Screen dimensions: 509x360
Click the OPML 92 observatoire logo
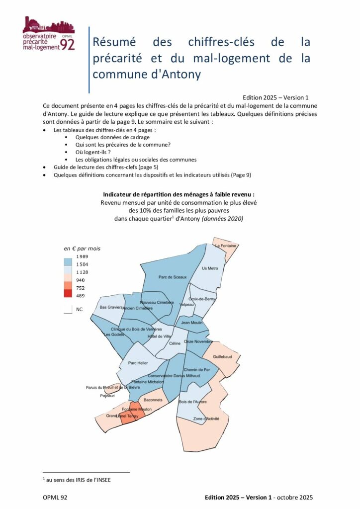coord(49,34)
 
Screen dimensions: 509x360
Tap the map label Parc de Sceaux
coord(173,277)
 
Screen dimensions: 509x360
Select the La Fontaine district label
coord(225,246)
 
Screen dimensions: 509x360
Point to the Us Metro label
coord(210,268)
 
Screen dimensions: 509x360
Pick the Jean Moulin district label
coord(191,323)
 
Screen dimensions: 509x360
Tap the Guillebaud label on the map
coord(222,357)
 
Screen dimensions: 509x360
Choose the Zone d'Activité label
coord(206,419)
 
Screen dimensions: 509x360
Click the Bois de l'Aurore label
coord(192,402)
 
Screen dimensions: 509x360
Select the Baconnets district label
coord(153,400)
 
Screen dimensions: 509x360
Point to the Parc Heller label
coord(138,363)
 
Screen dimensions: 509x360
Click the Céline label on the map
coord(175,343)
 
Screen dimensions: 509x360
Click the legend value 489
coord(80,295)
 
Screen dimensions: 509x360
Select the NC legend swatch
coord(68,309)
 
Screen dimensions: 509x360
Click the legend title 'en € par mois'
coord(82,248)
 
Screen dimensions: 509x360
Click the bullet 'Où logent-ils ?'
coord(93,152)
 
